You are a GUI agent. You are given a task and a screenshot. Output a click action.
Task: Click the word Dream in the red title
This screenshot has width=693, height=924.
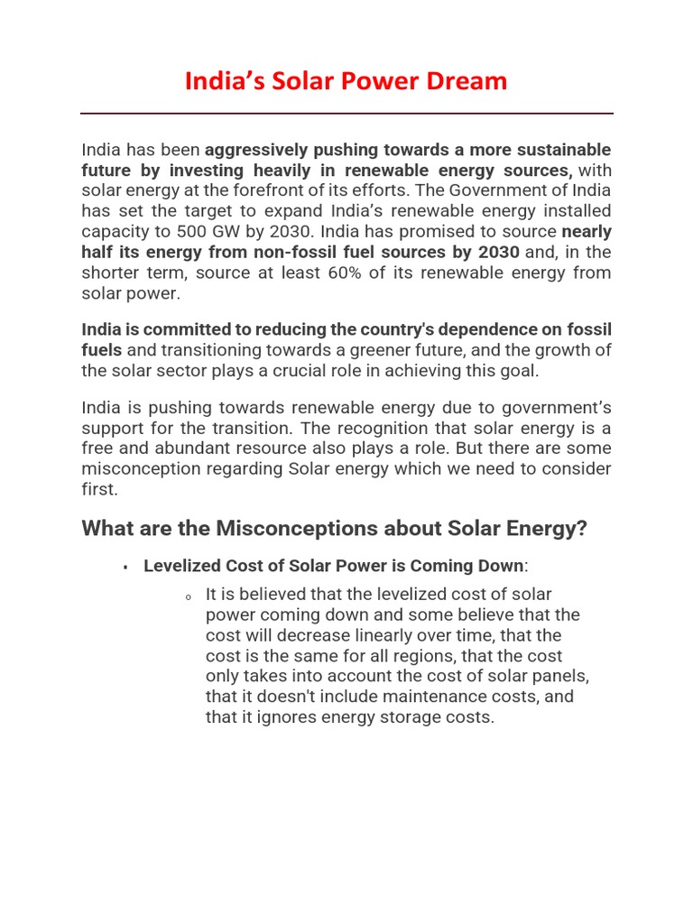[470, 81]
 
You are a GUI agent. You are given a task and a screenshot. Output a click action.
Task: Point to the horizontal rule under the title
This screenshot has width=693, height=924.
[346, 114]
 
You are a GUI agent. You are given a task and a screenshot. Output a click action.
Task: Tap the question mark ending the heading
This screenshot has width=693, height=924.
[581, 529]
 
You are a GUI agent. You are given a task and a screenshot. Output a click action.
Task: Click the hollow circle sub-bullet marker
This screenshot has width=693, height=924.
[188, 596]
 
